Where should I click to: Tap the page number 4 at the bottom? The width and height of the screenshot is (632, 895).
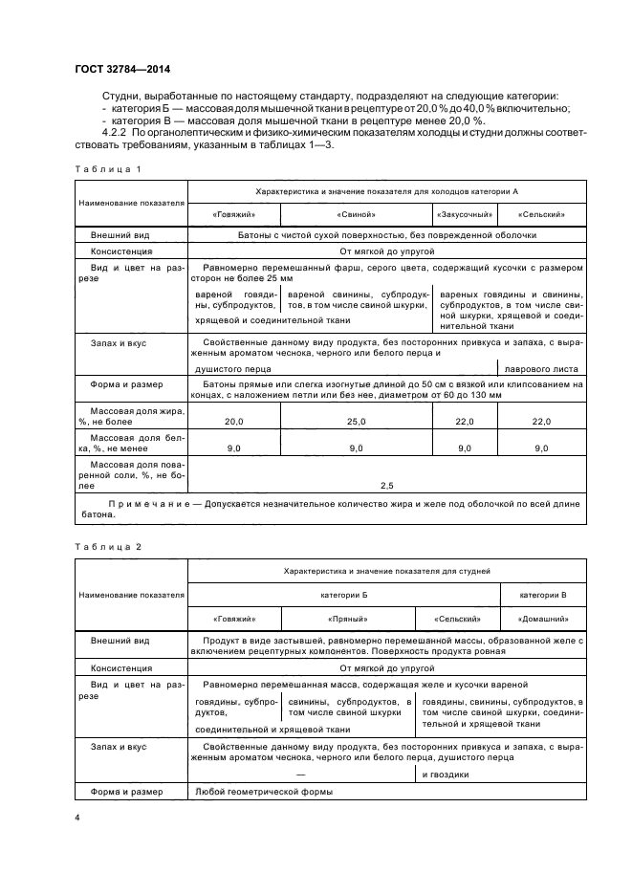(x=76, y=819)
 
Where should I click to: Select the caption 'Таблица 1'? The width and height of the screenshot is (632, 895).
(x=106, y=169)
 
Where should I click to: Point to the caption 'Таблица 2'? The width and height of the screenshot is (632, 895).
(x=106, y=546)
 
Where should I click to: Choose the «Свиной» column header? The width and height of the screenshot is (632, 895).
(x=357, y=215)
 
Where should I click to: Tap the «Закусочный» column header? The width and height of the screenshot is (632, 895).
(x=465, y=215)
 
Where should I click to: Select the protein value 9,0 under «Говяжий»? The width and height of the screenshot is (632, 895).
(x=234, y=447)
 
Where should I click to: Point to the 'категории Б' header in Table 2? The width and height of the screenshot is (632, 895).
(x=344, y=594)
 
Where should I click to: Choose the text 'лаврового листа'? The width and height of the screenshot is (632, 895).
(x=541, y=367)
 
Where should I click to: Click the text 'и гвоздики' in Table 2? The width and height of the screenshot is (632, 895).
(x=445, y=775)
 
